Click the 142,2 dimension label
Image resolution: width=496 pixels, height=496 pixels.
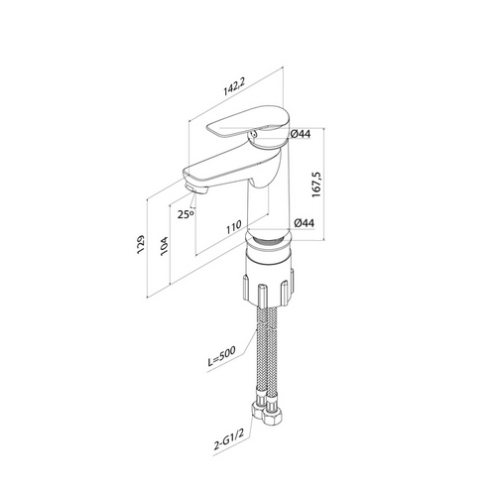234,87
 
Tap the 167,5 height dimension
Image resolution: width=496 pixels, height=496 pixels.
316,185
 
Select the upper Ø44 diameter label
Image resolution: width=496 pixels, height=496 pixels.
301,134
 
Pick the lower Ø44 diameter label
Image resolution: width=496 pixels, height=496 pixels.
304,223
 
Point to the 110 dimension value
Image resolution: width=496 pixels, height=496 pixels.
234,227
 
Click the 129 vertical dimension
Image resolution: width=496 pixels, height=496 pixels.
141,244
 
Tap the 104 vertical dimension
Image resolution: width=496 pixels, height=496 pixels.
164,246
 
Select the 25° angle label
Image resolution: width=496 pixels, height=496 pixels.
186,214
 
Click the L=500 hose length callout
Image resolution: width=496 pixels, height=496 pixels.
221,356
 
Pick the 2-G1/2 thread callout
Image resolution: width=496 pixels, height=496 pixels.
229,440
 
